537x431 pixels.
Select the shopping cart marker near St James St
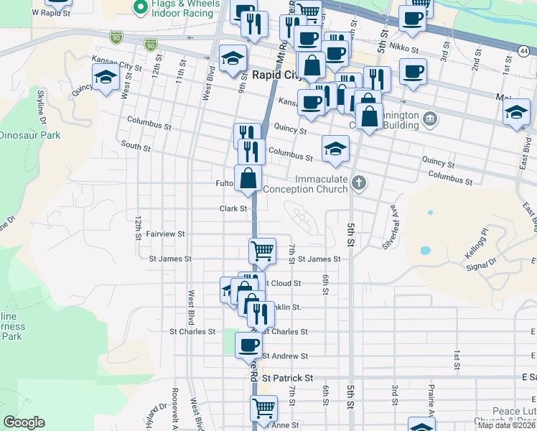263,251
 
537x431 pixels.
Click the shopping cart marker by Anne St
263,408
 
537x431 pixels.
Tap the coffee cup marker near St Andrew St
249,344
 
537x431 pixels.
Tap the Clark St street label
233,209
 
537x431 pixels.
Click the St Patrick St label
288,377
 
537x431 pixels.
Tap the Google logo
24,422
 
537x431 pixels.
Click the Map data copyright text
507,425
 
